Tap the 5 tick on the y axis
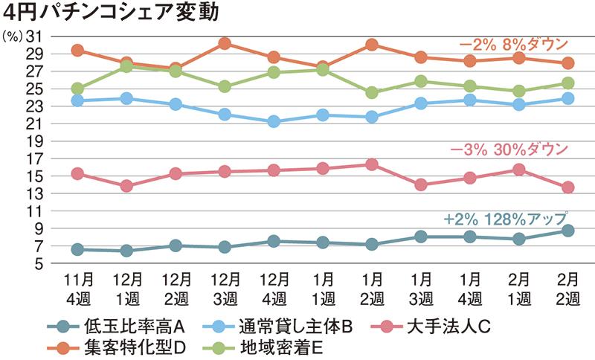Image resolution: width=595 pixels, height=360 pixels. pyautogui.click(x=38, y=264)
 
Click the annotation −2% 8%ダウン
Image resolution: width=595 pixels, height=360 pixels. pyautogui.click(x=512, y=45)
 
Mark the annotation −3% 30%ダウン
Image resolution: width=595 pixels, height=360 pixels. pyautogui.click(x=511, y=149)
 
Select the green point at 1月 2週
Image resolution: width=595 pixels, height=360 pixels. pyautogui.click(x=372, y=93)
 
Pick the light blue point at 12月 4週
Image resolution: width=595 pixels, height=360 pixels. pyautogui.click(x=274, y=121)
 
